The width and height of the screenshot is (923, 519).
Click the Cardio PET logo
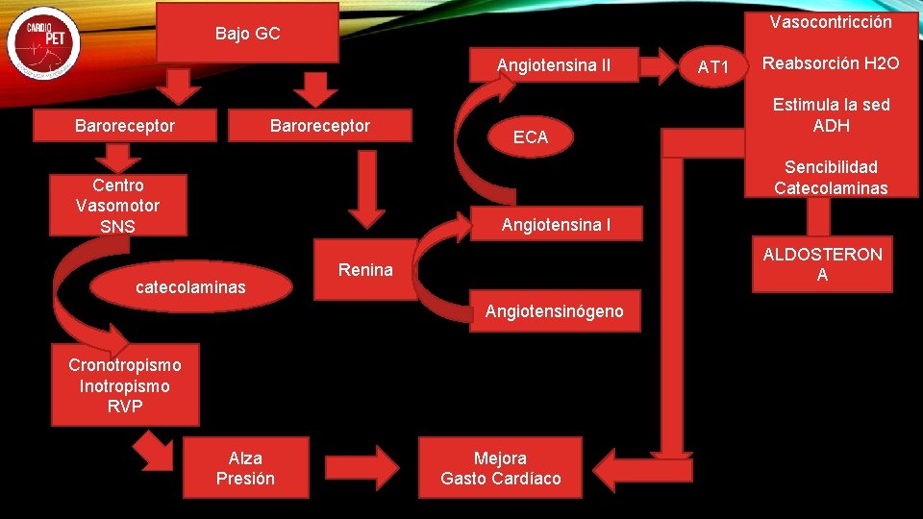click(x=43, y=44)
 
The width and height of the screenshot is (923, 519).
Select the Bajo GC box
click(x=247, y=34)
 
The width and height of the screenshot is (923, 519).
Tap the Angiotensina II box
click(x=553, y=65)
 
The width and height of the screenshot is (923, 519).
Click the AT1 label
click(x=714, y=67)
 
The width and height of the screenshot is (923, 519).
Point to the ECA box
click(x=530, y=137)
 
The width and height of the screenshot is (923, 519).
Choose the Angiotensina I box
click(x=555, y=226)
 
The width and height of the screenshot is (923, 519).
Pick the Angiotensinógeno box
click(x=554, y=310)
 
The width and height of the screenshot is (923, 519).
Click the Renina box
click(x=365, y=270)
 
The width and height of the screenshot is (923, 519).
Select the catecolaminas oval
click(x=190, y=286)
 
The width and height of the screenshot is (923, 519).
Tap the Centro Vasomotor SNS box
click(x=117, y=206)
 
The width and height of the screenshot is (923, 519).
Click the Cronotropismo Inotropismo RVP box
click(x=125, y=385)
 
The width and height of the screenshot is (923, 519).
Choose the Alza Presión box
click(x=245, y=468)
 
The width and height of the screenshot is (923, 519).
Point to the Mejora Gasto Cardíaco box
click(x=500, y=468)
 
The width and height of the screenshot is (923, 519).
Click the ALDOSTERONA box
click(x=822, y=264)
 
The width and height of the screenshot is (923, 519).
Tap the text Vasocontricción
click(x=831, y=22)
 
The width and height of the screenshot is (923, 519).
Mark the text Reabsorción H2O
click(x=831, y=63)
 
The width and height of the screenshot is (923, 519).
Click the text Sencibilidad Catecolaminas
click(x=831, y=178)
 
